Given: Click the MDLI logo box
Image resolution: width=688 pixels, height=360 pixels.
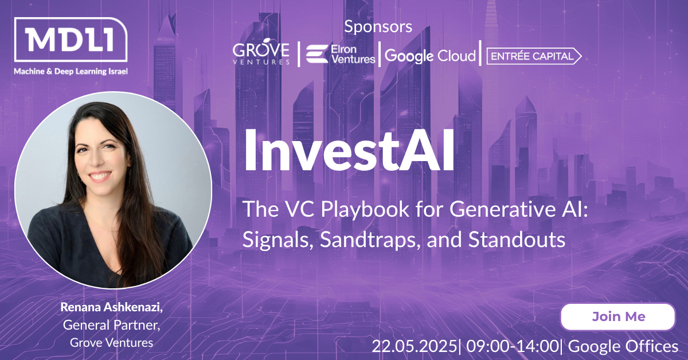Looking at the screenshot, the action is click(x=71, y=40).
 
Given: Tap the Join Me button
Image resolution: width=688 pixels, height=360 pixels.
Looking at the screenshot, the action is click(x=618, y=316).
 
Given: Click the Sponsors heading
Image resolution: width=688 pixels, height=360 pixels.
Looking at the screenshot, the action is click(x=378, y=27).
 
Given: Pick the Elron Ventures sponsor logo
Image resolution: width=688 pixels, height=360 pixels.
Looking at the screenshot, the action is click(x=341, y=54).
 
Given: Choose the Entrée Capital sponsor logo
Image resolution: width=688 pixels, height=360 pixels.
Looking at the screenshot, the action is click(x=534, y=56).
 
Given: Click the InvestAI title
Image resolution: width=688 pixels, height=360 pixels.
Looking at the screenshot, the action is click(x=349, y=150).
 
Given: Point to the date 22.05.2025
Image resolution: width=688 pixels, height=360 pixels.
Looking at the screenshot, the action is click(x=415, y=346).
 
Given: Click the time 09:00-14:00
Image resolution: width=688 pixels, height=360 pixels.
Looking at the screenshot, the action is click(x=513, y=346).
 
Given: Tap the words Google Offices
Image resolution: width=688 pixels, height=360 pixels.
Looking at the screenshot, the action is click(x=623, y=347).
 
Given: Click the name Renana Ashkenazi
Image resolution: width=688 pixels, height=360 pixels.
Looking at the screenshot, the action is click(x=111, y=307).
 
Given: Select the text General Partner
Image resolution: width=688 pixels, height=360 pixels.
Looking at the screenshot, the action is click(x=111, y=325).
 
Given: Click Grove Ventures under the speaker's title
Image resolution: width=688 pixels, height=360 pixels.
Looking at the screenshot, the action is click(x=111, y=343).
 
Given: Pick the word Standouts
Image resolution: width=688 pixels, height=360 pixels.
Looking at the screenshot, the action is click(x=517, y=240).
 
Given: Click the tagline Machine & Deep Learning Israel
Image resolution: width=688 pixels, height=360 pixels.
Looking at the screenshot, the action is click(x=71, y=72).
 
